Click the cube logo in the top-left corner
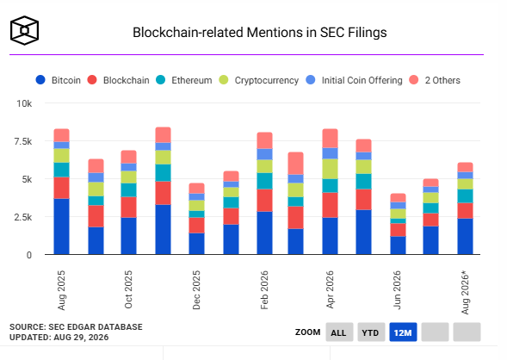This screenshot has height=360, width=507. point(25,30)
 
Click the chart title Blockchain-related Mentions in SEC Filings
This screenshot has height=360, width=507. point(260,33)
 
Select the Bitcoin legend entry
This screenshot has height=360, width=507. point(59,80)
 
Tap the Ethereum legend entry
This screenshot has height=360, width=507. point(183,80)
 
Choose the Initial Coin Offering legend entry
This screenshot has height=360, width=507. point(354,80)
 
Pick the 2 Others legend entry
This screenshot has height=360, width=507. point(435,80)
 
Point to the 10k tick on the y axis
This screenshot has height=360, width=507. point(24,103)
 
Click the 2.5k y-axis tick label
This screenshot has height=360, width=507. point(23,217)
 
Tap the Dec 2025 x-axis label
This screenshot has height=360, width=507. point(196,290)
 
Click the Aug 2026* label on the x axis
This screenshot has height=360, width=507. point(465,293)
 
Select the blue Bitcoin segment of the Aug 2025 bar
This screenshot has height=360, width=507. point(61,227)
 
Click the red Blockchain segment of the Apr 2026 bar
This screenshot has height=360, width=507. point(331,205)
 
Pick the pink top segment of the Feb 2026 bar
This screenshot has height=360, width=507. point(265,140)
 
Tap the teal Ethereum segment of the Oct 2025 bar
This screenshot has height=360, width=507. point(129,190)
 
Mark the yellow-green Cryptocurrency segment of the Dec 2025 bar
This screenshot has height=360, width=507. point(196,205)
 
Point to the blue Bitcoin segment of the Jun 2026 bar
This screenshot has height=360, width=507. point(398,245)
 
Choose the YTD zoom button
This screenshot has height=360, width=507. point(371,332)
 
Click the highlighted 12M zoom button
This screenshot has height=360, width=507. point(403,332)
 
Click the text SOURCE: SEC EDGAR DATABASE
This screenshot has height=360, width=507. point(76,327)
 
